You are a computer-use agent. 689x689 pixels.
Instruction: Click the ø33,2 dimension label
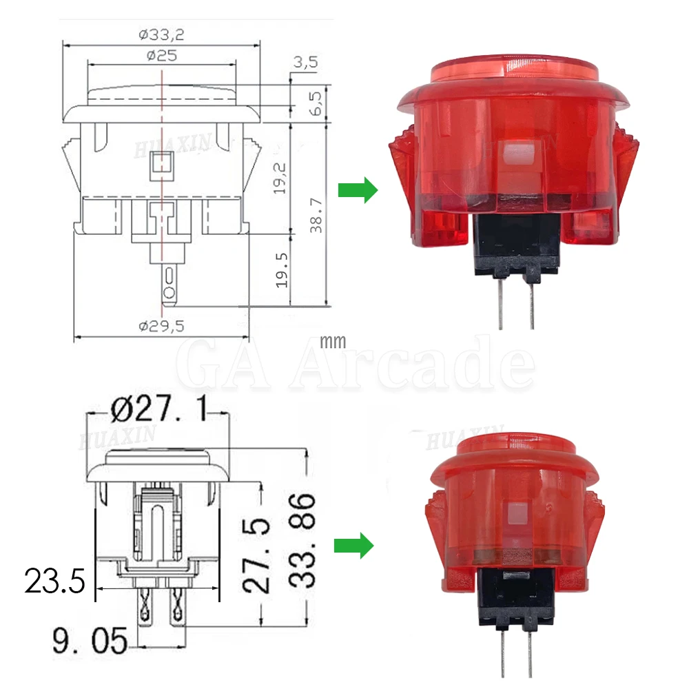(163, 32)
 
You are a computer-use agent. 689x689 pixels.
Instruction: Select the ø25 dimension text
(162, 56)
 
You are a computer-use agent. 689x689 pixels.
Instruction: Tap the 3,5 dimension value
(305, 63)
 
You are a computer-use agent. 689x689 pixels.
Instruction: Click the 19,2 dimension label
(279, 178)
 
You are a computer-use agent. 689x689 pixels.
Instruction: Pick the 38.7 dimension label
(316, 216)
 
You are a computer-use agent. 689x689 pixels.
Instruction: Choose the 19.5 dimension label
(279, 269)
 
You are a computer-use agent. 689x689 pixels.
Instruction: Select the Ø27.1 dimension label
(157, 412)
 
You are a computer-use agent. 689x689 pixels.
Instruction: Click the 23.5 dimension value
(54, 581)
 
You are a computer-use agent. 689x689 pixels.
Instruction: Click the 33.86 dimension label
(302, 540)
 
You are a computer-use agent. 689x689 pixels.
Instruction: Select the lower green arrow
(353, 546)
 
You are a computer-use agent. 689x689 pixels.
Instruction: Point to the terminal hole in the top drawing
(168, 296)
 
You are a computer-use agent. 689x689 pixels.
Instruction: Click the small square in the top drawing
(162, 164)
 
